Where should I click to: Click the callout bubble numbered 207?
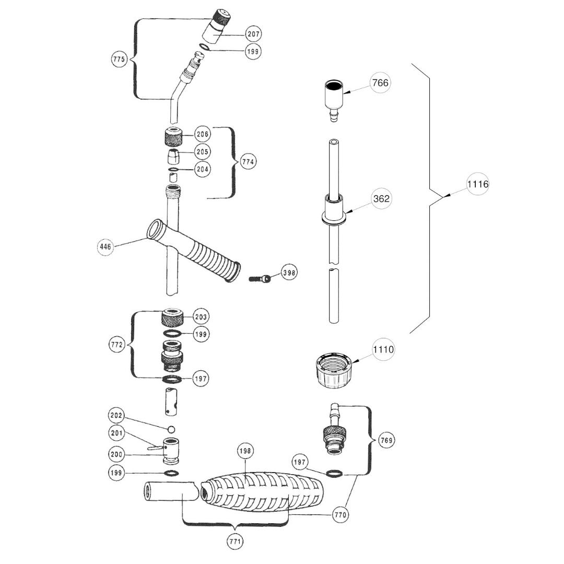coord(254,34)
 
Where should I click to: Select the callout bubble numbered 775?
coord(119,59)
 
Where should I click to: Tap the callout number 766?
coord(381,83)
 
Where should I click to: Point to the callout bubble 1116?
coord(478,184)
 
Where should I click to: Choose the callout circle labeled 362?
coord(382,198)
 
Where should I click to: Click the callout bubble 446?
coord(105,246)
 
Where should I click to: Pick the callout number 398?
coord(289,273)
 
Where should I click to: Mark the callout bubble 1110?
coord(383,349)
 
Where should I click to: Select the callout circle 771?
coord(235,541)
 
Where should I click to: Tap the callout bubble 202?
coord(116,416)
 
